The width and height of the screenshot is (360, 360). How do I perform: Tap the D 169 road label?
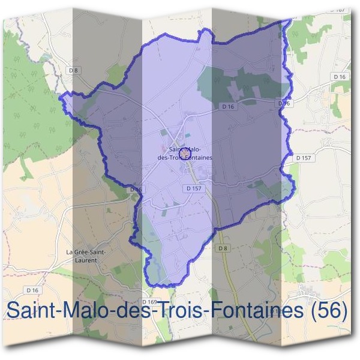150,301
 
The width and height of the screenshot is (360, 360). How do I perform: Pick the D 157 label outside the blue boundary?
304,157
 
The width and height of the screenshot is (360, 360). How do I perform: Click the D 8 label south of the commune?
223,248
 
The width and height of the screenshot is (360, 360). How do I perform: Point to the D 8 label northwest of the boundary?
73,70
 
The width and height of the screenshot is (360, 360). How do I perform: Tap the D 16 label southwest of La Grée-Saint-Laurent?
33,290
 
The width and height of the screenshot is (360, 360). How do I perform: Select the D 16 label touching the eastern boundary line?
284,104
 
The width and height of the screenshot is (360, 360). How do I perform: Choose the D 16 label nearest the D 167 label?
339,77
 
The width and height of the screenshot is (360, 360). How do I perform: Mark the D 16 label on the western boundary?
137,190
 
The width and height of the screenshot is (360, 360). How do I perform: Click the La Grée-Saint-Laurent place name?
86,256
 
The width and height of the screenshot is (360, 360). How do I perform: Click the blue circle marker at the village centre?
184,154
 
